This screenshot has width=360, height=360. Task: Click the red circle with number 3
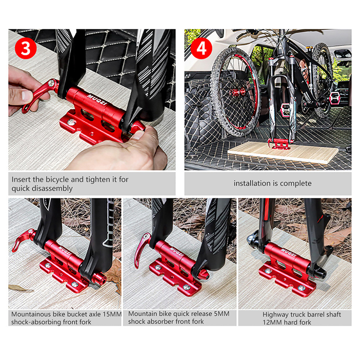coord(26,48)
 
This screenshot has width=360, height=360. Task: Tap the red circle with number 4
coord(201,49)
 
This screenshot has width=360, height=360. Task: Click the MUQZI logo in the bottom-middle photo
coord(176,252)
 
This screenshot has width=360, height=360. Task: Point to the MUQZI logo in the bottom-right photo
coord(288,252)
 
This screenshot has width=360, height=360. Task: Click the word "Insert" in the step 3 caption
coord(21,180)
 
